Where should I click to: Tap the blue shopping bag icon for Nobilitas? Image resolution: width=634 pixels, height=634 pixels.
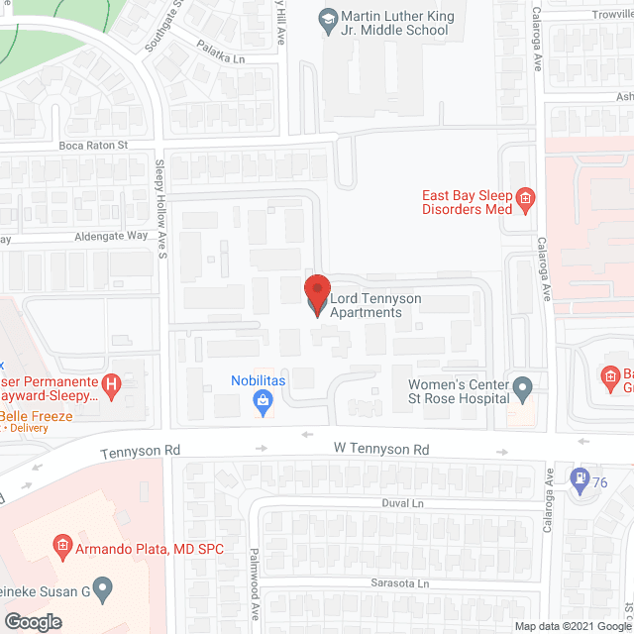[264, 400]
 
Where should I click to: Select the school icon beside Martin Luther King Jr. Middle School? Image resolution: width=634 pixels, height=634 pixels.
[327, 18]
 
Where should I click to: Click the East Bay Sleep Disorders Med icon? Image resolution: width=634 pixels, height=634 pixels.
[527, 201]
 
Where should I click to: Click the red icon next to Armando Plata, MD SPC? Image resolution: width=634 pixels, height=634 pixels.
[61, 548]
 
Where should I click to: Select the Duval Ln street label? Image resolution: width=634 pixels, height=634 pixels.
[403, 503]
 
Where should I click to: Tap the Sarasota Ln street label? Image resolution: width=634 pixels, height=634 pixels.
[399, 583]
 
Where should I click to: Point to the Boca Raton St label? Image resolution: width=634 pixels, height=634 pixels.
[94, 145]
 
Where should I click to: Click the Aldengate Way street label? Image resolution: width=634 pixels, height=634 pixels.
[111, 237]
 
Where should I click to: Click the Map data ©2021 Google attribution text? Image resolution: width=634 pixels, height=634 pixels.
[572, 626]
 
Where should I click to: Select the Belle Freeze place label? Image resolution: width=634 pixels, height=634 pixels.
[38, 416]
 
